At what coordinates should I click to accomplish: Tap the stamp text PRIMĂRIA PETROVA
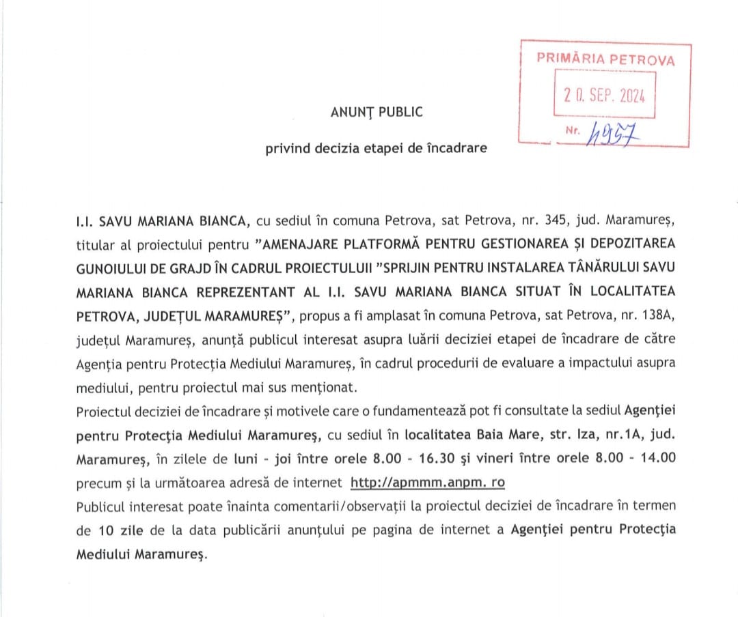[605, 59]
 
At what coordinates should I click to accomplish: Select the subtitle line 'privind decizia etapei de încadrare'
[377, 148]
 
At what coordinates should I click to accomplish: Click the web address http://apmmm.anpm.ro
[428, 483]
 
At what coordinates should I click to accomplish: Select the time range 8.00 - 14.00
[640, 458]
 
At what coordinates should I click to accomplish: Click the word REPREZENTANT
[247, 291]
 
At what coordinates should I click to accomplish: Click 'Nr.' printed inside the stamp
[574, 129]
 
